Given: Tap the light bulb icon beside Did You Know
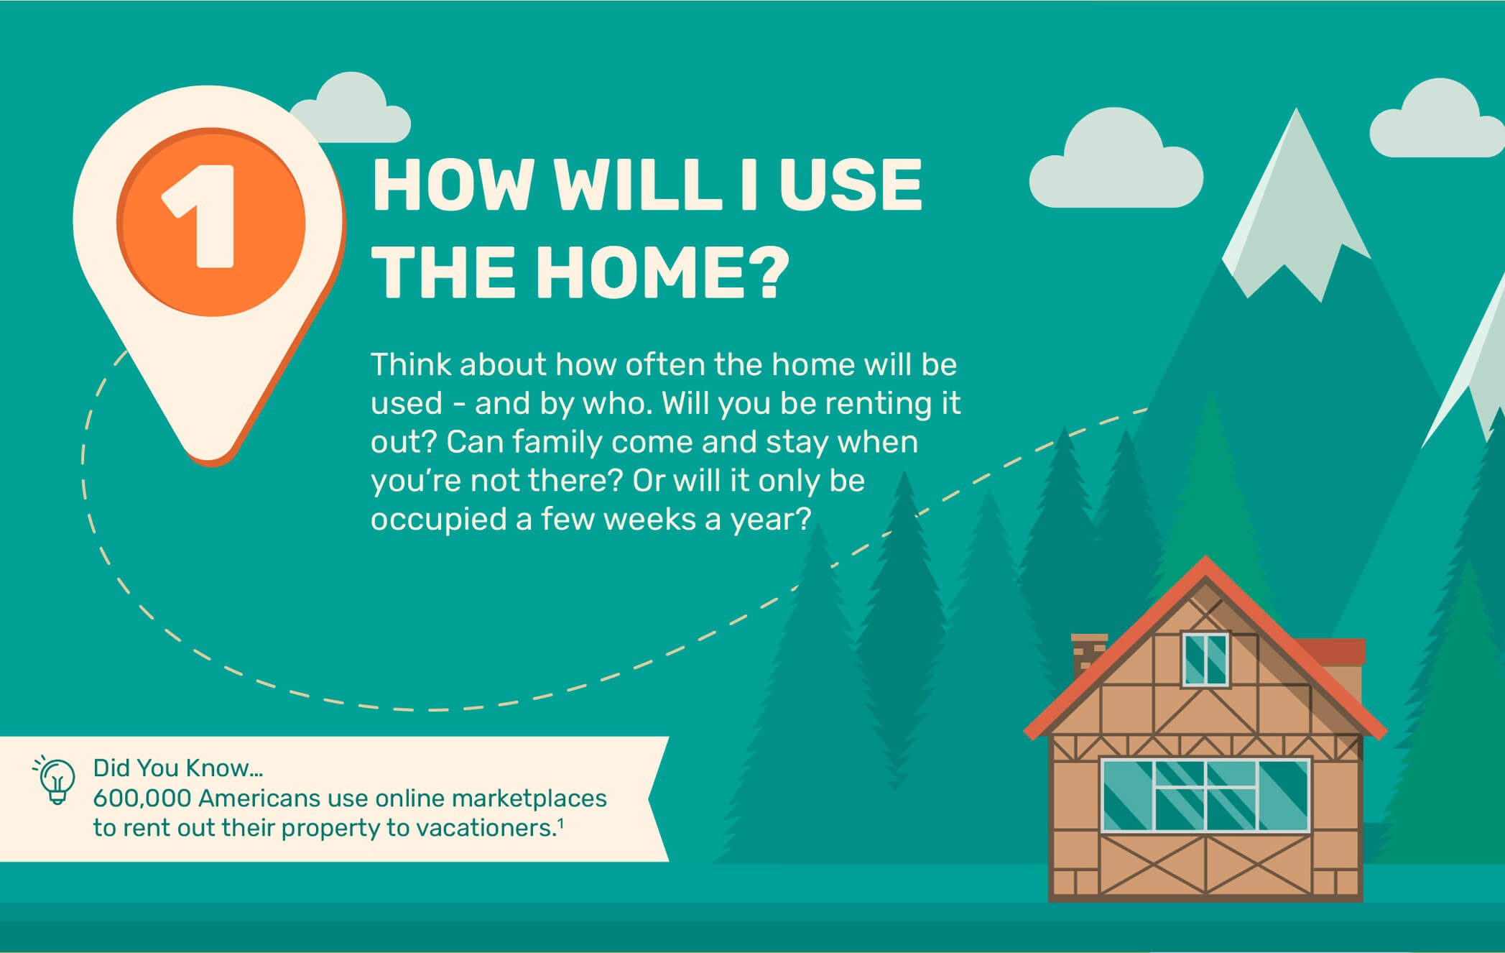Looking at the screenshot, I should [x=55, y=781].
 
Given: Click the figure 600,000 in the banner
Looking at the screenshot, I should [x=142, y=798].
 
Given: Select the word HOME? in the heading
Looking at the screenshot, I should [x=662, y=273].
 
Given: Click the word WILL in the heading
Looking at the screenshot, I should [x=638, y=185].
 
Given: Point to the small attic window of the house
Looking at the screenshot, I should [x=1205, y=660].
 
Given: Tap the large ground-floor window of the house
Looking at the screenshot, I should [x=1205, y=796].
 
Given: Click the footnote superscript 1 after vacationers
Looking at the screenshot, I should [x=560, y=823].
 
